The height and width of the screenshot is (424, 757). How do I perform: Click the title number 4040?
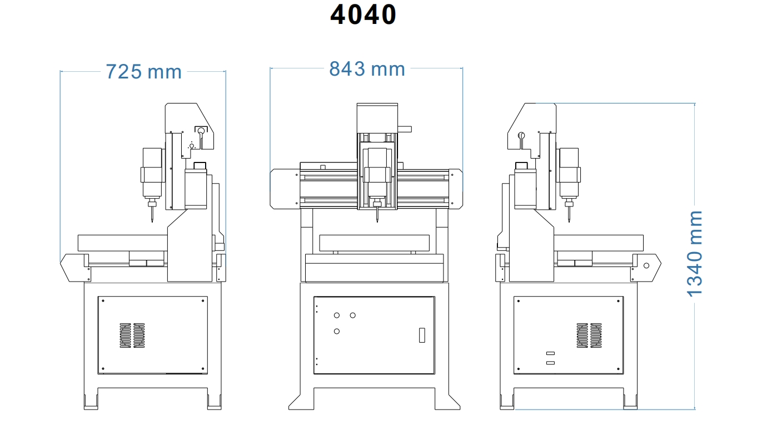[x=363, y=14]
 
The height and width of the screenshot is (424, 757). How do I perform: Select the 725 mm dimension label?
[x=143, y=72]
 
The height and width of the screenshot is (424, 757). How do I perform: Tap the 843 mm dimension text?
[x=367, y=69]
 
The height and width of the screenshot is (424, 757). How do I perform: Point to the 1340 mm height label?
[x=694, y=253]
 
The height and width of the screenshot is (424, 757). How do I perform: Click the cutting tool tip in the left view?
[x=151, y=221]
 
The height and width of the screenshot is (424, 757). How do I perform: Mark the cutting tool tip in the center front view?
[x=377, y=221]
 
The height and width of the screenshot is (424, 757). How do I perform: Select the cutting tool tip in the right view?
[x=570, y=221]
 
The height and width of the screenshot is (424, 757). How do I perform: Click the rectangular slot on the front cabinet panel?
[x=421, y=336]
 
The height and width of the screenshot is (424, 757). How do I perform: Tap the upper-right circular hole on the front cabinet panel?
[x=353, y=315]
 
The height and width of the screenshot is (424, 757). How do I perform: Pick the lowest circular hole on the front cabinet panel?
[x=336, y=332]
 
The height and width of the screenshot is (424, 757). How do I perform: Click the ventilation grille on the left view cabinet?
[x=132, y=335]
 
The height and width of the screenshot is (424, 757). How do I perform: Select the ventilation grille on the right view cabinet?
[x=589, y=335]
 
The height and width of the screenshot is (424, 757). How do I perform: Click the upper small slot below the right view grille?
[x=550, y=353]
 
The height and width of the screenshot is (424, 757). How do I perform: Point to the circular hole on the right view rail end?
[x=646, y=265]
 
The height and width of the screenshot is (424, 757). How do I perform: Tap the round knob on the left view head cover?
[x=201, y=131]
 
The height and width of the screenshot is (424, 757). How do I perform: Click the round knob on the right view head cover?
[x=521, y=135]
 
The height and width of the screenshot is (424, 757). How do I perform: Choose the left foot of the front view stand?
[x=301, y=402]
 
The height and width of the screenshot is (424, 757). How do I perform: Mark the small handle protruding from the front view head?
[x=405, y=129]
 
